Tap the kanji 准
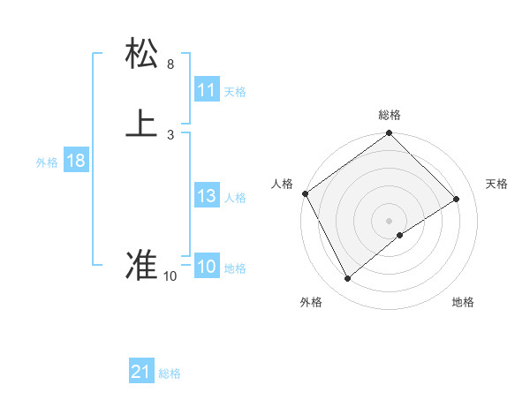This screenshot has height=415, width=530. pyautogui.click(x=142, y=265)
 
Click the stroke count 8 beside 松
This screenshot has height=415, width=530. pyautogui.click(x=170, y=64)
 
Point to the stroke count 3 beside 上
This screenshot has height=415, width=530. pyautogui.click(x=170, y=134)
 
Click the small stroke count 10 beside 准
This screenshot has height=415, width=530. pyautogui.click(x=170, y=276)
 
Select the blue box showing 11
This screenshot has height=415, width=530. pyautogui.click(x=206, y=90)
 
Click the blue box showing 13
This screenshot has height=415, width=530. pyautogui.click(x=206, y=197)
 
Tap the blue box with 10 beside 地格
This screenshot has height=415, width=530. pyautogui.click(x=206, y=268)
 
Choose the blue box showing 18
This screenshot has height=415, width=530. pyautogui.click(x=75, y=161)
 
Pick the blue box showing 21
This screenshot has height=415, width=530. pyautogui.click(x=141, y=372)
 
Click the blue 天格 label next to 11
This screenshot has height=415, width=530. pyautogui.click(x=235, y=92)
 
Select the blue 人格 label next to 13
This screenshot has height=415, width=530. pyautogui.click(x=235, y=198)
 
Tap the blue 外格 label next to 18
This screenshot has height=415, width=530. pyautogui.click(x=47, y=162)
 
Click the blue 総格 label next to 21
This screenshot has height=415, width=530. pyautogui.click(x=170, y=373)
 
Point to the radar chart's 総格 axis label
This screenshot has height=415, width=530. pyautogui.click(x=390, y=115)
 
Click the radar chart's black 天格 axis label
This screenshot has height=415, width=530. pyautogui.click(x=496, y=184)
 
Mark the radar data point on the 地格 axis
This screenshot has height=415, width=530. pyautogui.click(x=400, y=235)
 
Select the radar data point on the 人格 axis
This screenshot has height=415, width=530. pyautogui.click(x=305, y=193)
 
